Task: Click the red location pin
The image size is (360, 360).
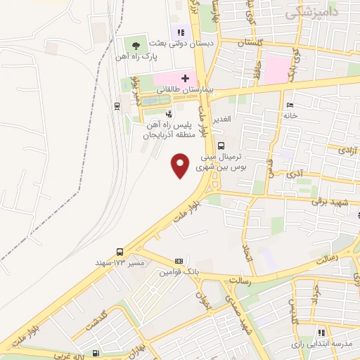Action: (x=181, y=165)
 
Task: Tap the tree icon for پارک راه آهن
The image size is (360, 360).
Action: (x=136, y=46)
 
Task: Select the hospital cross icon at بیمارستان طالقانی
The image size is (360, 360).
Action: (x=185, y=77)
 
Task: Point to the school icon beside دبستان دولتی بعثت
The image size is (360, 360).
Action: (x=181, y=31)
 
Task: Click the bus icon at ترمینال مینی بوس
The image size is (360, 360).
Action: (x=221, y=146)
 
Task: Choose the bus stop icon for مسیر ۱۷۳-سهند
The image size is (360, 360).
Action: (x=120, y=251)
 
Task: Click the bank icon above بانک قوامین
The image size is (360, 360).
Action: (x=179, y=261)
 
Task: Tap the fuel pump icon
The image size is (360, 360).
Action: (x=96, y=354)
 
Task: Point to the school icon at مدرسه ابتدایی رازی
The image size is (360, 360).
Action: (x=321, y=332)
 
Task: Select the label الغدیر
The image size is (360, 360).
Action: (x=241, y=118)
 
